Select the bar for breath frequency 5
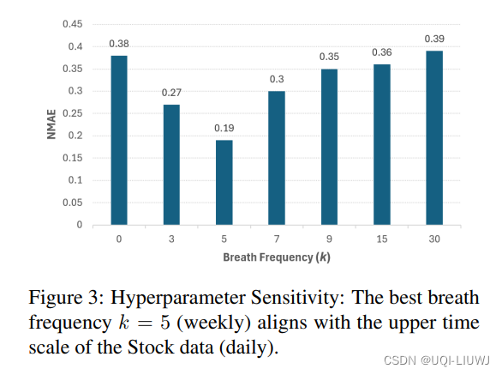pyautogui.click(x=224, y=182)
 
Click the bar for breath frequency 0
pyautogui.click(x=118, y=140)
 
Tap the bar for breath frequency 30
pyautogui.click(x=434, y=137)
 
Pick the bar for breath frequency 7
pyautogui.click(x=276, y=158)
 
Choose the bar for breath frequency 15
pyautogui.click(x=381, y=144)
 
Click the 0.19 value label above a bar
pyautogui.click(x=224, y=129)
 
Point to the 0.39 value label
pyautogui.click(x=434, y=39)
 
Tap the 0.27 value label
pyautogui.click(x=171, y=93)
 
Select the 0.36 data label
pyautogui.click(x=381, y=52)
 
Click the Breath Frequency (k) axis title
pyautogui.click(x=276, y=257)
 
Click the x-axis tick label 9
pyautogui.click(x=329, y=239)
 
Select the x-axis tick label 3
pyautogui.click(x=171, y=239)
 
